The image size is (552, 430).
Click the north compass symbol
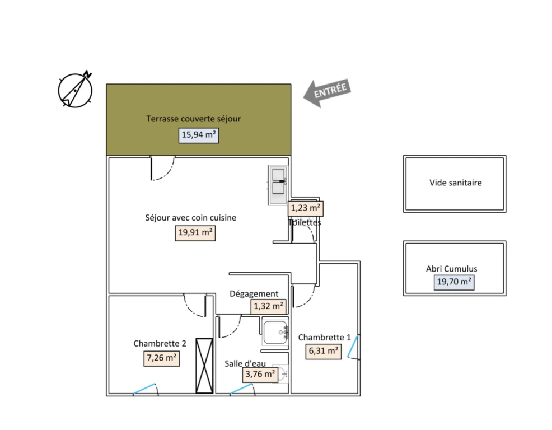click(75, 90)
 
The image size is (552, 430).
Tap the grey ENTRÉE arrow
click(327, 92)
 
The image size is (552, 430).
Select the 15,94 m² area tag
click(199, 135)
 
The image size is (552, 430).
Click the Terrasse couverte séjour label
click(193, 119)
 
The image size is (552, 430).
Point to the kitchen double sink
click(278, 185)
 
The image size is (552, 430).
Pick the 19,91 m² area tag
click(195, 233)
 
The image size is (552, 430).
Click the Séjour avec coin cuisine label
click(190, 218)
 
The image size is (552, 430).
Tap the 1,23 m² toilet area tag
click(306, 208)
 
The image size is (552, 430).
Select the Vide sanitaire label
click(455, 183)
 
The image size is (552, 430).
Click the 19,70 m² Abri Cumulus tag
click(454, 282)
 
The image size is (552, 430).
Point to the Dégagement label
click(254, 294)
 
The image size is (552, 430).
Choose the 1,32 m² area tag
click(268, 306)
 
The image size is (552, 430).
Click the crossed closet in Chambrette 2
click(204, 366)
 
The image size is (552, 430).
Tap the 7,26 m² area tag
click(162, 358)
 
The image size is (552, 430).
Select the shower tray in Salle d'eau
click(275, 333)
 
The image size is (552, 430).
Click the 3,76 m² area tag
click(260, 375)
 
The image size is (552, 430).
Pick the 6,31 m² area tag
click(323, 352)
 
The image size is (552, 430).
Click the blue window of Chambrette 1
click(352, 346)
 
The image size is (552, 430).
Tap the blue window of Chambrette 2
click(144, 389)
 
